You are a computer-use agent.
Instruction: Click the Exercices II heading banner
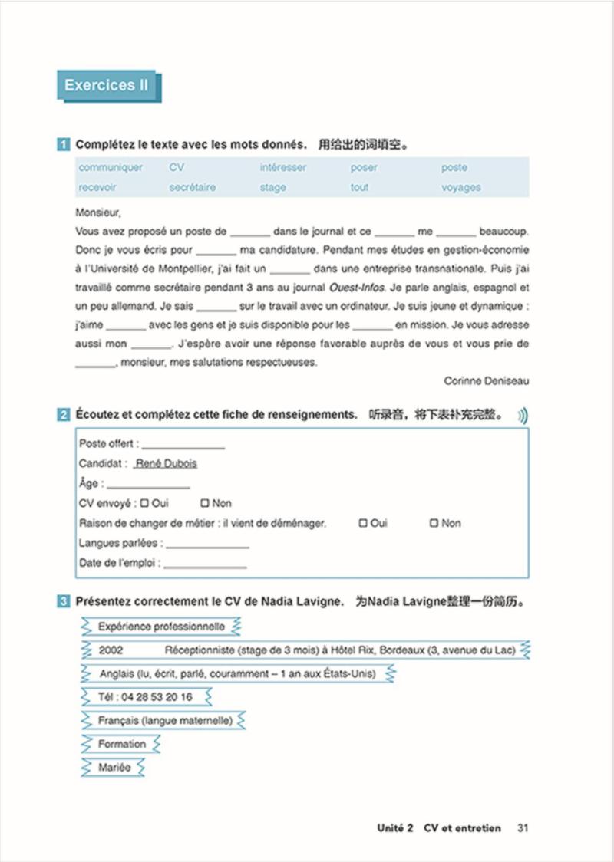pyautogui.click(x=107, y=86)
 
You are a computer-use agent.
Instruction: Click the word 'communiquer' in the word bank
pyautogui.click(x=111, y=167)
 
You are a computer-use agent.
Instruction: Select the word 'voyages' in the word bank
pyautogui.click(x=460, y=187)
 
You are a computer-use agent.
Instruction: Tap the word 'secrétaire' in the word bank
pyautogui.click(x=193, y=187)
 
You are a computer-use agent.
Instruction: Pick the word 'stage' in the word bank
pyautogui.click(x=272, y=187)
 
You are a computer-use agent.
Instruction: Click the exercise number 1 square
pyautogui.click(x=64, y=144)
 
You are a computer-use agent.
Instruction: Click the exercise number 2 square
pyautogui.click(x=64, y=415)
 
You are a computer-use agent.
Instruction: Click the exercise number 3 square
pyautogui.click(x=64, y=602)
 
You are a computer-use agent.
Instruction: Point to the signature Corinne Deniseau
pyautogui.click(x=486, y=380)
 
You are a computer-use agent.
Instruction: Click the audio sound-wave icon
pyautogui.click(x=522, y=416)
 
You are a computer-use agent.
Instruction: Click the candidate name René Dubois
pyautogui.click(x=167, y=463)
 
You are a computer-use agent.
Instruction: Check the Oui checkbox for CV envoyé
pyautogui.click(x=144, y=503)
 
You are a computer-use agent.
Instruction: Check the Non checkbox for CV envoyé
pyautogui.click(x=204, y=503)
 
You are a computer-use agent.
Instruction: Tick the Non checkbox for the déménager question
pyautogui.click(x=434, y=523)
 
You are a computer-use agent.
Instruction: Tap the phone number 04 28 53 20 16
pyautogui.click(x=146, y=697)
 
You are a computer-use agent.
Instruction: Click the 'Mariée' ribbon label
pyautogui.click(x=114, y=767)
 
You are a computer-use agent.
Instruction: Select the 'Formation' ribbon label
pyautogui.click(x=121, y=744)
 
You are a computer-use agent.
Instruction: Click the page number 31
pyautogui.click(x=523, y=828)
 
